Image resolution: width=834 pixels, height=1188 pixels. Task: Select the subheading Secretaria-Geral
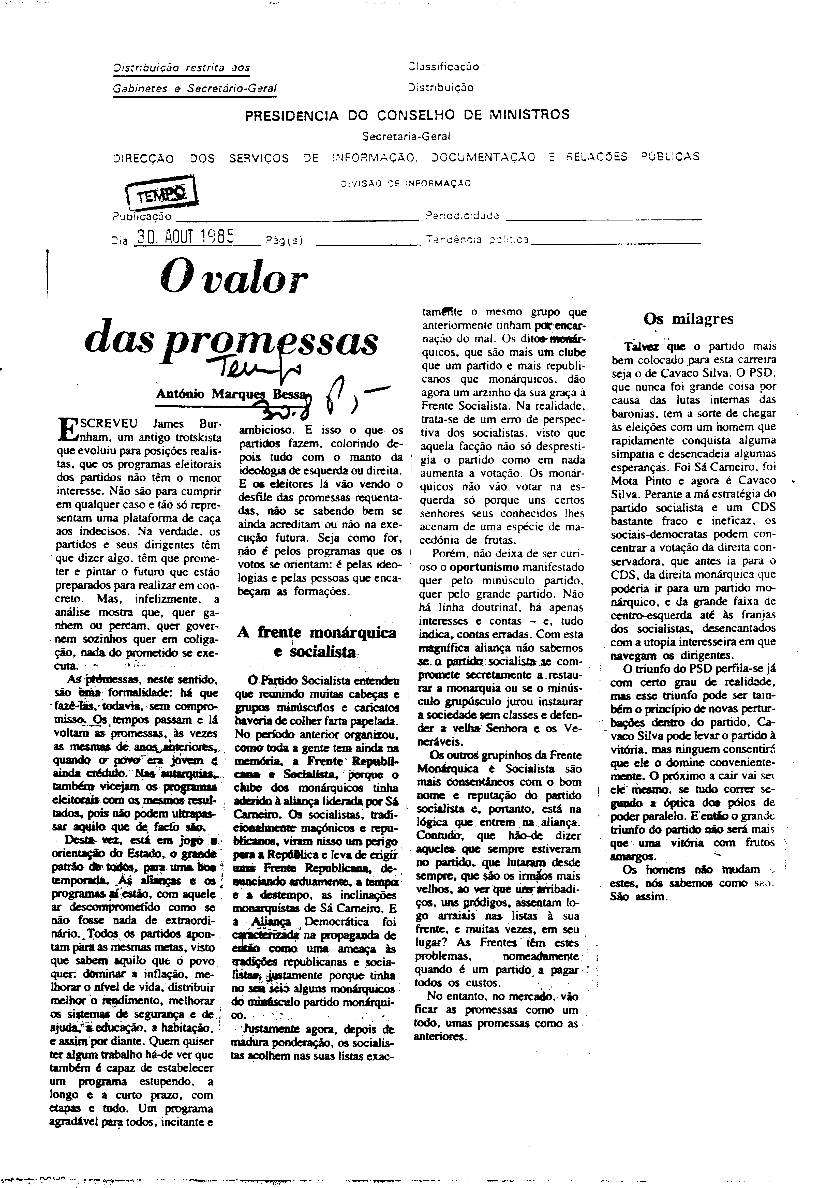point(407,137)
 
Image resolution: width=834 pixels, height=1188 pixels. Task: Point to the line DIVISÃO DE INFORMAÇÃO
point(406,183)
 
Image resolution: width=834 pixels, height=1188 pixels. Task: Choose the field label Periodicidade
point(462,216)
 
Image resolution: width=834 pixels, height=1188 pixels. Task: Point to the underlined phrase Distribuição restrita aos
point(181,68)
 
